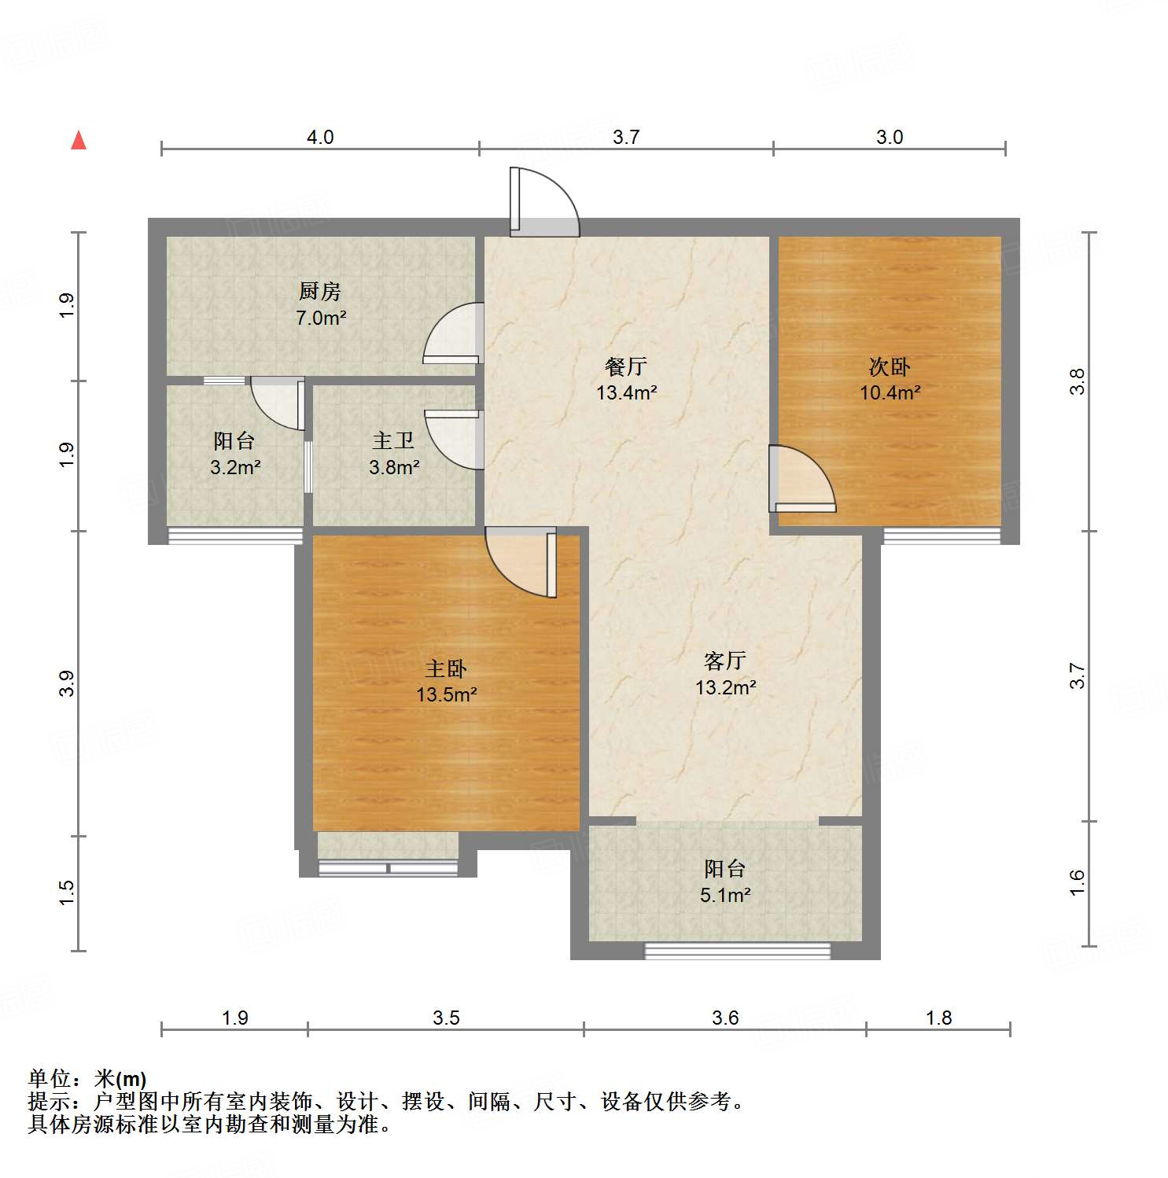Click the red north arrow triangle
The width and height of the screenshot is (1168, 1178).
(79, 141)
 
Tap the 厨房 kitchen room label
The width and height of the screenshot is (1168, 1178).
(319, 292)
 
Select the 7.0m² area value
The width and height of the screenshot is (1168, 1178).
(321, 318)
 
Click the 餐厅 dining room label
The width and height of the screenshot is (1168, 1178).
(625, 366)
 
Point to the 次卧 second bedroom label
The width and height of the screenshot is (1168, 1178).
(889, 366)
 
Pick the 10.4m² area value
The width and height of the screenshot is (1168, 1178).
(890, 392)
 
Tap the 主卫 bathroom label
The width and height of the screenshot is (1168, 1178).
(393, 441)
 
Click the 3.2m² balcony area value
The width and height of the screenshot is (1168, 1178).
(235, 468)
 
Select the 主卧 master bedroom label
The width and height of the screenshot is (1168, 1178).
(446, 669)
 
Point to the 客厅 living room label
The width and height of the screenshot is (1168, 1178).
(724, 661)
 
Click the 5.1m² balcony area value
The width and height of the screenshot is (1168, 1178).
(725, 895)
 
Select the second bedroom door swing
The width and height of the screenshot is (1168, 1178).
(801, 479)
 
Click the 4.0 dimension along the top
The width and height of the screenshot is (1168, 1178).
(319, 137)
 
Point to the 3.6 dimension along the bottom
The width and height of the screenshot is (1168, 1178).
(724, 1018)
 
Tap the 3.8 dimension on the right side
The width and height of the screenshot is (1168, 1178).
(1077, 381)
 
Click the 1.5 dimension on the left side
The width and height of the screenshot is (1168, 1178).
(67, 892)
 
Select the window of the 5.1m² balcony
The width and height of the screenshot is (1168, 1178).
(737, 952)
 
